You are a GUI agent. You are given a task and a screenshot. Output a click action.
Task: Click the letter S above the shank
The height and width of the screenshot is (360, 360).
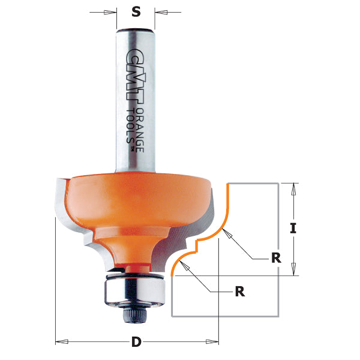(x=136, y=11)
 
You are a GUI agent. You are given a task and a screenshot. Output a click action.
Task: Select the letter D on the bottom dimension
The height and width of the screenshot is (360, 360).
(x=136, y=343)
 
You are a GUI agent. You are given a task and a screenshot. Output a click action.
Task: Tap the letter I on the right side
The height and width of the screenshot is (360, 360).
(x=293, y=228)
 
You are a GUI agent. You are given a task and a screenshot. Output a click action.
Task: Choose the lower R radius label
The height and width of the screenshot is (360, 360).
(x=239, y=292)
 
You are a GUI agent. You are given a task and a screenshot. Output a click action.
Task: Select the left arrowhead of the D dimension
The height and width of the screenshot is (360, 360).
(x=60, y=342)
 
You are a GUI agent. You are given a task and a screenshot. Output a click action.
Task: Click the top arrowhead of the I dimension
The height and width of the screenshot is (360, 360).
(x=293, y=188)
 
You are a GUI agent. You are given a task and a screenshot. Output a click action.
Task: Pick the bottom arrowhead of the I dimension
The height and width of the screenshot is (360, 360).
(x=293, y=270)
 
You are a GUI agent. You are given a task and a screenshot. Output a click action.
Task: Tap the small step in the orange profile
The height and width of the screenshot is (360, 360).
(x=195, y=244)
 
